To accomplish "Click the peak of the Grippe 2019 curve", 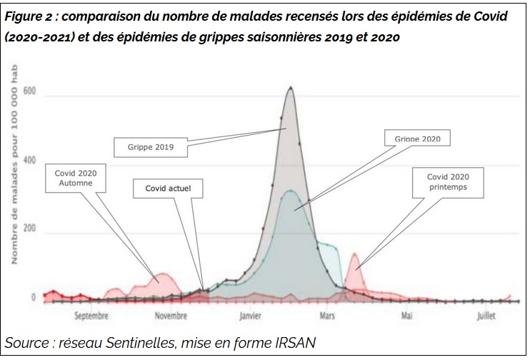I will coord(290,88).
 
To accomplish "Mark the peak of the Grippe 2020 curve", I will coord(290,191).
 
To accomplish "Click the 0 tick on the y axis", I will coord(33,297).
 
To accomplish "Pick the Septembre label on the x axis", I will coord(91,314).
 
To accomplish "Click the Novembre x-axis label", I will coord(171,314).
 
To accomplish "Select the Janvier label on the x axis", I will coord(251,314).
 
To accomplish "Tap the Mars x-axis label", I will coord(328,314).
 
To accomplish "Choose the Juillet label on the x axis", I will coord(486,314).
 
